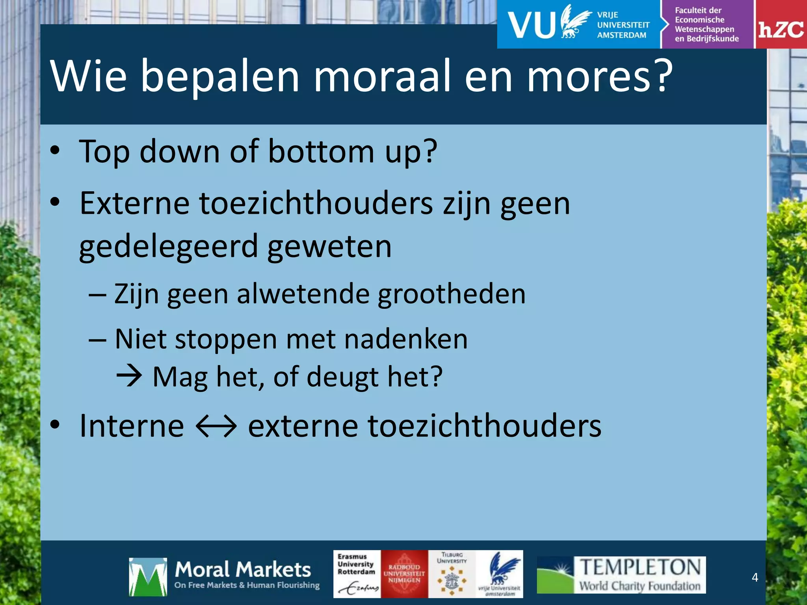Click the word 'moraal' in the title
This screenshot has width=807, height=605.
[381, 76]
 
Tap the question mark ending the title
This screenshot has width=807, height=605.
[659, 76]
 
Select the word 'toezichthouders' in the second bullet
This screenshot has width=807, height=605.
[316, 204]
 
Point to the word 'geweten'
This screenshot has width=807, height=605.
[329, 247]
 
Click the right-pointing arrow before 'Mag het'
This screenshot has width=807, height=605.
[129, 377]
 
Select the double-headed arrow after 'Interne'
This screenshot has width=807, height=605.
[216, 426]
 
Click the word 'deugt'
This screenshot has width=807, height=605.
[342, 377]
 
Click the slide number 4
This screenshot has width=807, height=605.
[755, 577]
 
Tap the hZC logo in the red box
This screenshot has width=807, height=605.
[781, 30]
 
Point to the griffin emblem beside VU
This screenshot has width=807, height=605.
[575, 22]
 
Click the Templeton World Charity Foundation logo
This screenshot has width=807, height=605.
[621, 575]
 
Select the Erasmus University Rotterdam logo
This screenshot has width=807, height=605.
[357, 574]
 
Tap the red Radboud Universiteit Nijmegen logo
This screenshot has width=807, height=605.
[404, 574]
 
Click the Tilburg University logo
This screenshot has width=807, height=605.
[452, 574]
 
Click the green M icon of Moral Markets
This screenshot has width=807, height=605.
[147, 577]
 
